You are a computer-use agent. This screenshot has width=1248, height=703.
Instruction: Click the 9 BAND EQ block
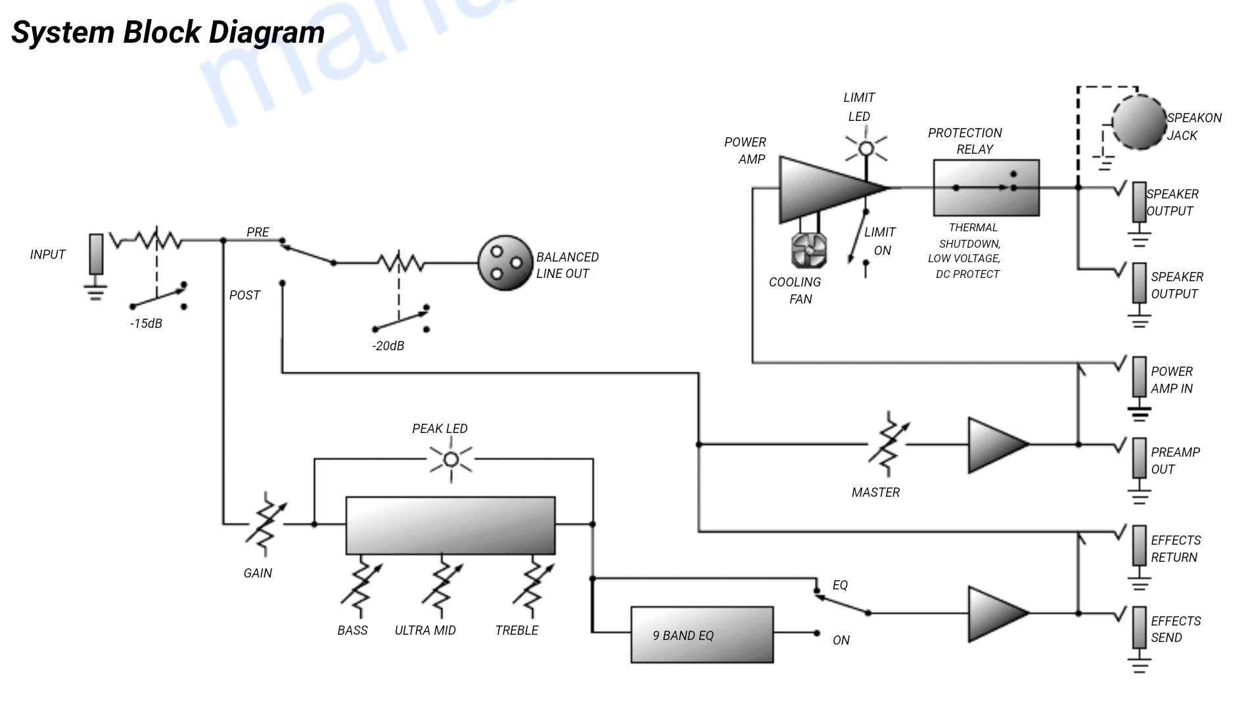702,635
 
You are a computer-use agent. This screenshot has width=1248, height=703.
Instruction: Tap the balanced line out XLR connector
505,263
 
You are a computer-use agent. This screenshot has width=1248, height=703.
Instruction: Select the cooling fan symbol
808,250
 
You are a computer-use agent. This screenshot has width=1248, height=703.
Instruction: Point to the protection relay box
986,188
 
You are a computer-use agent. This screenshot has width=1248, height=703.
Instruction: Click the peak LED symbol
451,459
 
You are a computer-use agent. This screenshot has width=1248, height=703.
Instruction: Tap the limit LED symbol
866,148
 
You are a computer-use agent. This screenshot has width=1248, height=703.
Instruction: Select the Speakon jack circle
1138,122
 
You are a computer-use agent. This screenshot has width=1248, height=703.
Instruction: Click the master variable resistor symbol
889,444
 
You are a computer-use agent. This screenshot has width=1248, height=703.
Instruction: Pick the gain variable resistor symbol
265,524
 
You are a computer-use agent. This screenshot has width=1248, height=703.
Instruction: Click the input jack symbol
96,254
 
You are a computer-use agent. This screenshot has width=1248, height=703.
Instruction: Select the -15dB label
146,323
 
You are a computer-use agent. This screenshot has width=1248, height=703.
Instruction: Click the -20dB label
388,346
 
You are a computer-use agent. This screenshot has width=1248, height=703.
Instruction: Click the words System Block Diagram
168,32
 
